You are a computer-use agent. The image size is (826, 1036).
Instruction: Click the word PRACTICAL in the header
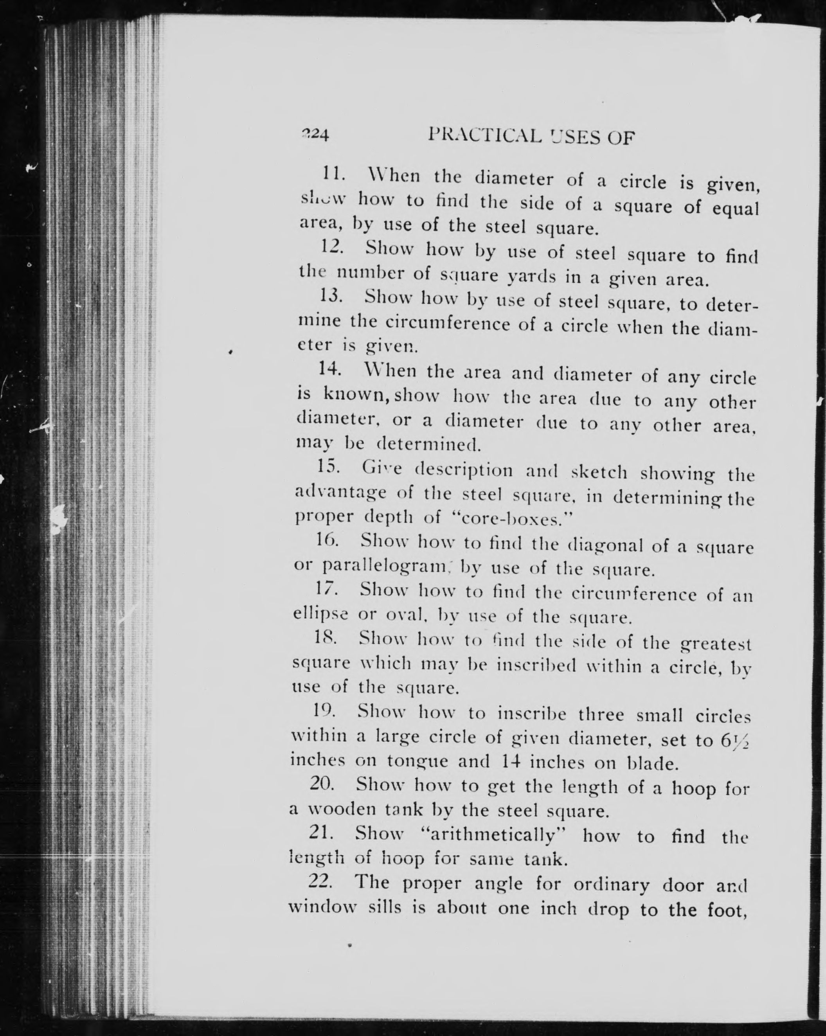(486, 137)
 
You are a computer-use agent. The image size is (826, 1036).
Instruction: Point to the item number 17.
(325, 589)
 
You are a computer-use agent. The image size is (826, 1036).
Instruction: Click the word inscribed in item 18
(536, 665)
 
